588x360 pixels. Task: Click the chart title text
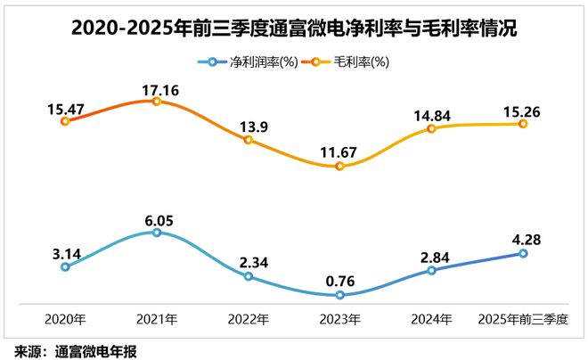tap(294, 29)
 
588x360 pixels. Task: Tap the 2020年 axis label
tap(64, 317)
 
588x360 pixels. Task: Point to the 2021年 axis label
tap(156, 317)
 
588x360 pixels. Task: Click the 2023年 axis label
tap(339, 317)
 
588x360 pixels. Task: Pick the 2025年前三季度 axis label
tap(523, 317)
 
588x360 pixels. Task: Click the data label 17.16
tap(156, 87)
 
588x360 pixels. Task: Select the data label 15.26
tap(522, 112)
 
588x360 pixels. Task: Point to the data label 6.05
tap(156, 217)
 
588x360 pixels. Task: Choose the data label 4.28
tap(522, 239)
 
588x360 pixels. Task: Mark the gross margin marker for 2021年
tap(156, 102)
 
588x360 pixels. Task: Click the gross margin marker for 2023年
tap(339, 166)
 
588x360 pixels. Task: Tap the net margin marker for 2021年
tap(156, 233)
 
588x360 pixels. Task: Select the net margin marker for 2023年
tap(339, 294)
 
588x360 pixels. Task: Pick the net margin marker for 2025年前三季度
tap(523, 253)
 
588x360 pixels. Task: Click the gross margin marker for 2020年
tap(64, 120)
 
